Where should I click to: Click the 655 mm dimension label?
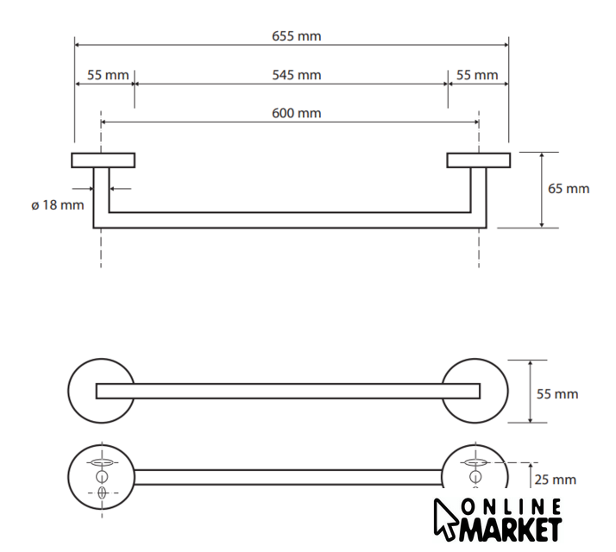[x=297, y=36]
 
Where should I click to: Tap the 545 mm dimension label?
[x=297, y=75]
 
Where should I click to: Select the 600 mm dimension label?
[x=297, y=113]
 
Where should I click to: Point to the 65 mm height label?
[x=569, y=189]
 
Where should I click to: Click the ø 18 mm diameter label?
[x=58, y=204]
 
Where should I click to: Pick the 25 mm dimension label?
[x=555, y=480]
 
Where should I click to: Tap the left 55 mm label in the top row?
[x=108, y=75]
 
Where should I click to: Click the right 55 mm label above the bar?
[x=477, y=75]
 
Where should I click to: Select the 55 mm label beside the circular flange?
[x=557, y=394]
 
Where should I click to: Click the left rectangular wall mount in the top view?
[x=104, y=160]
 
